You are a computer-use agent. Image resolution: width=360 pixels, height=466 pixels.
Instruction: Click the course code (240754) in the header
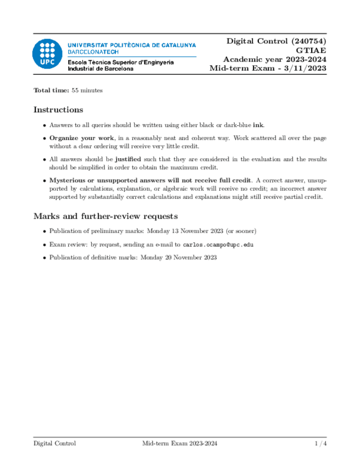[x=305, y=41]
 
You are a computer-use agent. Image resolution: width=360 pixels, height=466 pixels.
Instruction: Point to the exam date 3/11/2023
[x=304, y=68]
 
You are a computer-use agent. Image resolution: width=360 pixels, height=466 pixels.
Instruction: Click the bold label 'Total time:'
[x=51, y=90]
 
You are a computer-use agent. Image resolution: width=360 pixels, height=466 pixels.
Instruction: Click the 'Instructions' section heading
[x=58, y=109]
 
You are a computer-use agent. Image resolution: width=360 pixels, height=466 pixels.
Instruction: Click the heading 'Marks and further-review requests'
[x=105, y=216]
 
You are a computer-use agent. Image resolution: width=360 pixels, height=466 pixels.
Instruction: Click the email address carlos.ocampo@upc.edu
[x=218, y=245]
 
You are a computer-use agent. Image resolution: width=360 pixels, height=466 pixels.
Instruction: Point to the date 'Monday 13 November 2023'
[x=184, y=231]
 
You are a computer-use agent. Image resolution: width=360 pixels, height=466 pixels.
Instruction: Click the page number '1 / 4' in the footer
[x=320, y=443]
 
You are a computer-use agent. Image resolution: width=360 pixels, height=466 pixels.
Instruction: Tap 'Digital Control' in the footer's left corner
[x=54, y=443]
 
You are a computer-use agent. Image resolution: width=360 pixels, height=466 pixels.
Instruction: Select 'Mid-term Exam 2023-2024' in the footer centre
[x=179, y=443]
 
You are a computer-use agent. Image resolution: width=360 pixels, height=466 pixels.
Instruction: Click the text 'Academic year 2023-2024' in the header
[x=274, y=59]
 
